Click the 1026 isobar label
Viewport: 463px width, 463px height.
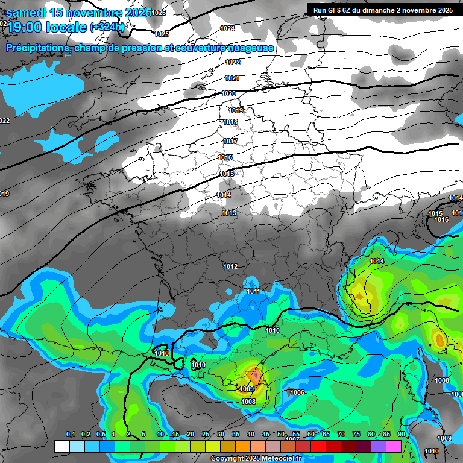159,13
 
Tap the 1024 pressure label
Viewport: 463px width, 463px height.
227,29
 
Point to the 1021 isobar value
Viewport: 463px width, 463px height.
232,78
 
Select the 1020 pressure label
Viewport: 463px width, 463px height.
228,93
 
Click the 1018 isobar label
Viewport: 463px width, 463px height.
230,122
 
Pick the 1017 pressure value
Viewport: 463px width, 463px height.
230,141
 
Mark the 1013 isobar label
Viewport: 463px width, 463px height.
229,213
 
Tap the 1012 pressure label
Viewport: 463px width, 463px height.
230,266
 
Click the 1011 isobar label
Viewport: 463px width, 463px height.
254,292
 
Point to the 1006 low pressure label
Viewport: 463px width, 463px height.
297,393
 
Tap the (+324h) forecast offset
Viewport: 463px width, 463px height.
107,27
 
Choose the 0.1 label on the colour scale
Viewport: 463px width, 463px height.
71,435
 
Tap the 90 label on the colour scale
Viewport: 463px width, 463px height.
401,435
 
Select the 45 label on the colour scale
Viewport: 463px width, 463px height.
266,435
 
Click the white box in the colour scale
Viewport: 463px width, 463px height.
61,446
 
